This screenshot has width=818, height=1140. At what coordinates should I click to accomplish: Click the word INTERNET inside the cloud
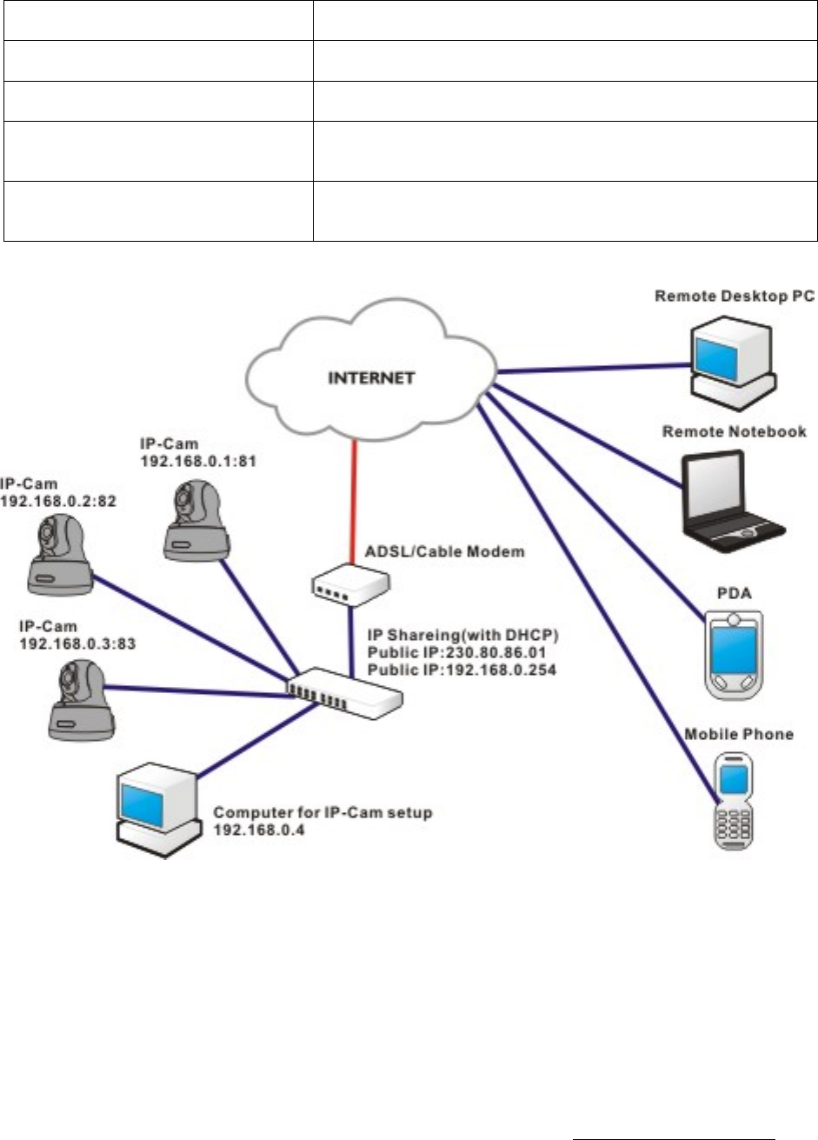(x=369, y=378)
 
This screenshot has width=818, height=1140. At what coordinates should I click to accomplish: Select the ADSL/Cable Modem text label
(x=444, y=551)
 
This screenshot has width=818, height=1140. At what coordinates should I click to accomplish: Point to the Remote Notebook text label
(x=735, y=432)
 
